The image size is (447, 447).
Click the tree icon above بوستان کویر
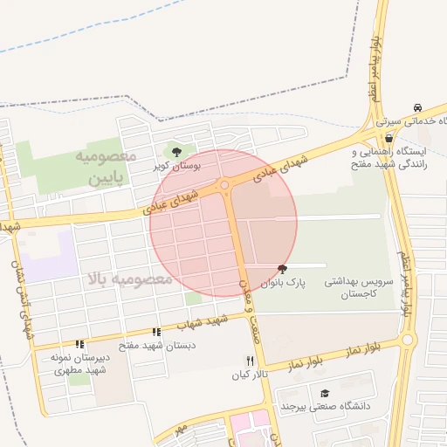tap(177, 152)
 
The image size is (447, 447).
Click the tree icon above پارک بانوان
tap(281, 269)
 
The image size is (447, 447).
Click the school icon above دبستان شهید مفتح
tap(156, 332)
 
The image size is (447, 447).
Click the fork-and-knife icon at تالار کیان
tap(249, 361)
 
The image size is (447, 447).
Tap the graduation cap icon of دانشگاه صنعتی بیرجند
tap(325, 393)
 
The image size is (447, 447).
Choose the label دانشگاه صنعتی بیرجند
tap(326, 406)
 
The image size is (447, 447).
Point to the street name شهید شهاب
tap(203, 322)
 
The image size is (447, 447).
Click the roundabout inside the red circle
tap(224, 184)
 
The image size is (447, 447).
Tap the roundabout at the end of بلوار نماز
tap(406, 340)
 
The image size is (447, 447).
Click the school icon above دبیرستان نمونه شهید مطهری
tap(79, 345)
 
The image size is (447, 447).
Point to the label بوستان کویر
tap(177, 164)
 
